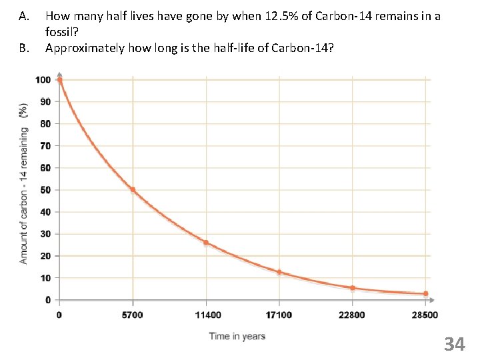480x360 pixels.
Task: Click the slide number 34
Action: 454,344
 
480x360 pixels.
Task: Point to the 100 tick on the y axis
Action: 43,80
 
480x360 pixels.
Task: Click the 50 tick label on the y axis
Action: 45,190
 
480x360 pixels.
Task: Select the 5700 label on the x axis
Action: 133,315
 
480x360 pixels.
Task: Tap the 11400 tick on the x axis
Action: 206,315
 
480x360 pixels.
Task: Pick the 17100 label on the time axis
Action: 279,315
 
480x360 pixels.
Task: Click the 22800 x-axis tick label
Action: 352,315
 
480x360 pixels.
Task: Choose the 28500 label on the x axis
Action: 425,315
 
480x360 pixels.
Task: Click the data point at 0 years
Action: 60,80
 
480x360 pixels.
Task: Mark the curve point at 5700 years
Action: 133,190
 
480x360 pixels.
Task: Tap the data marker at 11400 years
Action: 206,243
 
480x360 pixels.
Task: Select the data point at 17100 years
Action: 279,272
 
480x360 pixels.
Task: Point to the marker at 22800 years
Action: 352,288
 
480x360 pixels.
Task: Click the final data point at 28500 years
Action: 425,294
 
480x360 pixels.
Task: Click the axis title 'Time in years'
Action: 237,336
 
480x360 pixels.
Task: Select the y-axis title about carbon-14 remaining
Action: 24,183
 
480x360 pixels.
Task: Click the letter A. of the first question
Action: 25,15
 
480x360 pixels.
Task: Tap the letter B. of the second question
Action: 25,47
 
